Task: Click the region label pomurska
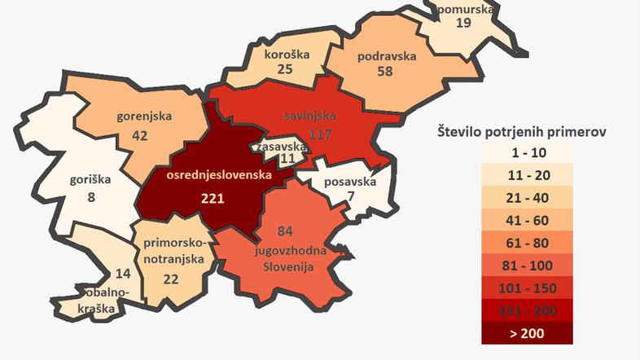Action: point(465,10)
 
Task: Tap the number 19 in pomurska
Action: point(463,23)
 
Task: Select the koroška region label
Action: point(286,55)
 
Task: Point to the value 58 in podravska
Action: point(387,71)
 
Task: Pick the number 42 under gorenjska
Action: point(139,135)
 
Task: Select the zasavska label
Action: point(280,147)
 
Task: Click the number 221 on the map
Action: point(213,197)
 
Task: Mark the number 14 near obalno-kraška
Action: point(123,274)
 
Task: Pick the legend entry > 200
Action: point(525,333)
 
